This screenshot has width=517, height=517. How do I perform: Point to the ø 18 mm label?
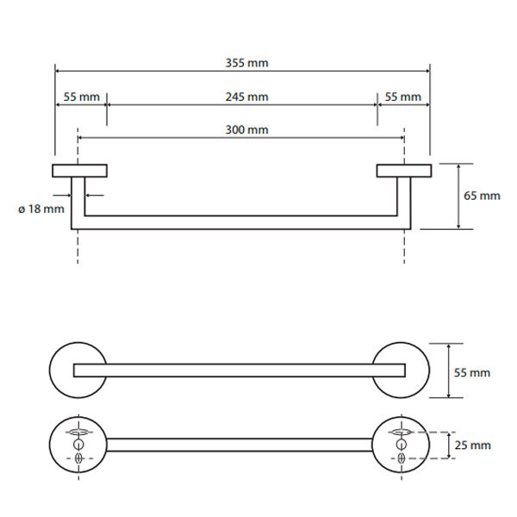[x=40, y=209]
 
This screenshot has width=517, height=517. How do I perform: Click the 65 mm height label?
[x=482, y=196]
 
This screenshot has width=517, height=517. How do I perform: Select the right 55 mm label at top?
[x=403, y=97]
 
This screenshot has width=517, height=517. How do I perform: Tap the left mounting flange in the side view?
[x=79, y=171]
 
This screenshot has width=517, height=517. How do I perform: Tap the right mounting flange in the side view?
[x=403, y=171]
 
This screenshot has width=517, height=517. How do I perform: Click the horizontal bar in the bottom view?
[x=241, y=445]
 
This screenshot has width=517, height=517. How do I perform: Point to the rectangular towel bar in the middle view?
[x=241, y=371]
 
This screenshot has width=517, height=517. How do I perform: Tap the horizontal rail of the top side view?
[x=241, y=221]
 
